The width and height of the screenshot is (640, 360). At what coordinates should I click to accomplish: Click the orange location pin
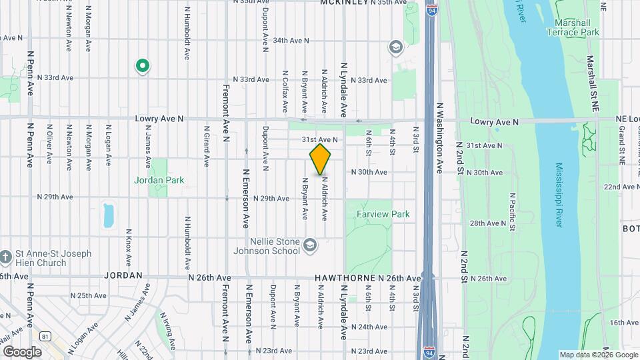click(321, 159)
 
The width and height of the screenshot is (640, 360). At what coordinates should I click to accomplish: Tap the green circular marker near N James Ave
click(142, 65)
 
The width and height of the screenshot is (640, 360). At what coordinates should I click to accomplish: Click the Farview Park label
click(383, 214)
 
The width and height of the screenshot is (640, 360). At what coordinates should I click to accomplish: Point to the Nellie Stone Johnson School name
click(266, 246)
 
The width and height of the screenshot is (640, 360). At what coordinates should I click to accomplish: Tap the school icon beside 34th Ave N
click(396, 47)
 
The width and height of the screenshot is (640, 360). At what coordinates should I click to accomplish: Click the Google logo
click(22, 351)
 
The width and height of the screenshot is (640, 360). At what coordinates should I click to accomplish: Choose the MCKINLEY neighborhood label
click(344, 3)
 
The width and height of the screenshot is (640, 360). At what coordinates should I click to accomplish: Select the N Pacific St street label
click(512, 211)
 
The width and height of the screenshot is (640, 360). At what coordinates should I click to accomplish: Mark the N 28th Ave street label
click(489, 223)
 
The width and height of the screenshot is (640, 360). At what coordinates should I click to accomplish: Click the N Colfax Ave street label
click(285, 91)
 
